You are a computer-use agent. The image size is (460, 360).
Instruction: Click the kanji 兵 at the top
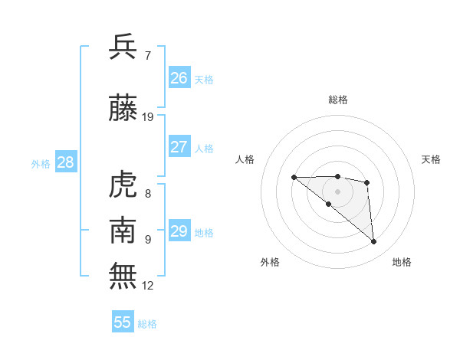(x=123, y=47)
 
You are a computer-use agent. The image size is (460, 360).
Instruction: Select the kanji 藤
(x=123, y=108)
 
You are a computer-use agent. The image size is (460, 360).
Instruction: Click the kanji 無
(x=123, y=275)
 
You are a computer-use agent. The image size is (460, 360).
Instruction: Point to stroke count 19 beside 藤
(x=148, y=117)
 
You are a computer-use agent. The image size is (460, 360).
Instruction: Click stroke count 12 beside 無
(x=148, y=286)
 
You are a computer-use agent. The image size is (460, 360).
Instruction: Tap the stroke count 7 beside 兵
(x=147, y=56)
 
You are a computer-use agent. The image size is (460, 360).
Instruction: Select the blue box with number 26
(x=179, y=77)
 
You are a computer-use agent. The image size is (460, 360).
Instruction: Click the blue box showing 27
(x=179, y=147)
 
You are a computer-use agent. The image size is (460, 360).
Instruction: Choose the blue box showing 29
(x=179, y=231)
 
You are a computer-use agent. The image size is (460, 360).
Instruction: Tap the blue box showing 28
(x=65, y=162)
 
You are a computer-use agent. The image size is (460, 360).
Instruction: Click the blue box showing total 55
(x=123, y=322)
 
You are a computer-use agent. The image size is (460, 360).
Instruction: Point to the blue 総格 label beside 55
(x=148, y=324)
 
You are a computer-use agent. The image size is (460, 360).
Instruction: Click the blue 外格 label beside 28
(x=41, y=163)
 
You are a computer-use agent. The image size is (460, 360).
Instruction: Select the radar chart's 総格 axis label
(x=338, y=100)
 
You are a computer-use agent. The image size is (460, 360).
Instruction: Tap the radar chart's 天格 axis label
(x=432, y=159)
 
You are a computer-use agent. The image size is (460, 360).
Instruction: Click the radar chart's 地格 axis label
(x=402, y=262)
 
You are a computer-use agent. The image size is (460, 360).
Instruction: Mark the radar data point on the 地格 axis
(x=374, y=242)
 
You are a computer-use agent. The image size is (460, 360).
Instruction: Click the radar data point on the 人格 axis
(x=294, y=178)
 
